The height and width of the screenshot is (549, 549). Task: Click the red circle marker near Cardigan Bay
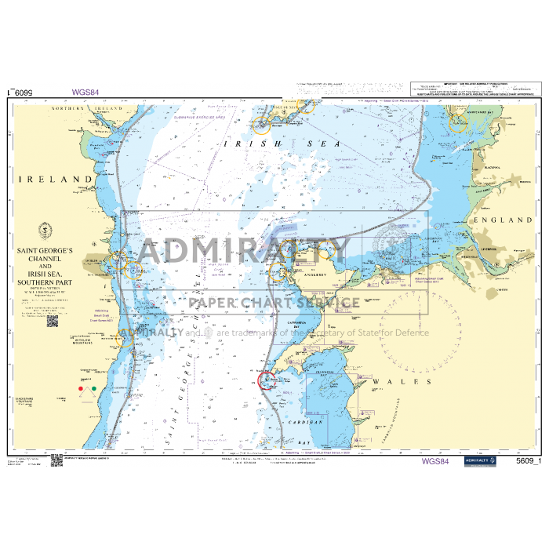coord(267,380)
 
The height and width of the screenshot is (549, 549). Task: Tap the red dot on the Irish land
coord(79,388)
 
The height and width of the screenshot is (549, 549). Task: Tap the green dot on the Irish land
coord(94,388)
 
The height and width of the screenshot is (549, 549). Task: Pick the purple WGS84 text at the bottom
coord(435,461)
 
